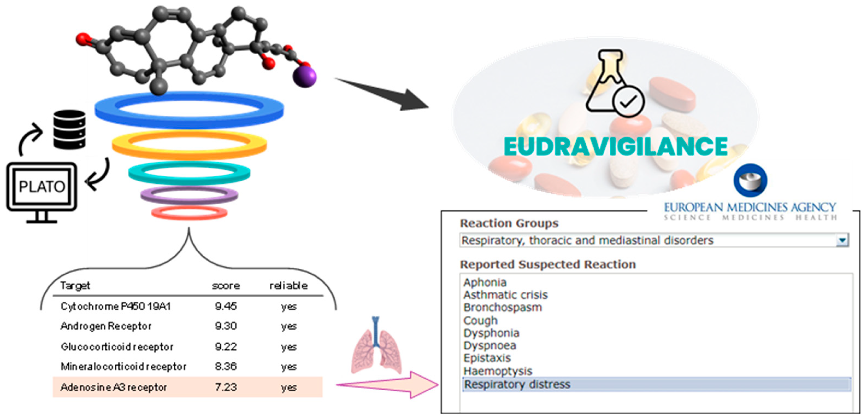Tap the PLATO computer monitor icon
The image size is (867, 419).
tap(42, 187)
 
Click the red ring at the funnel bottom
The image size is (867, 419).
tap(189, 213)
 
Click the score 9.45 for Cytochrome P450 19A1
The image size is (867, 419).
tap(226, 306)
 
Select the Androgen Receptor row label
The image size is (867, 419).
tap(106, 326)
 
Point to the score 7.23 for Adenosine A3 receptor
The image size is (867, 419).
tap(226, 387)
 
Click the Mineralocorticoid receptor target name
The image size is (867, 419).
tap(123, 366)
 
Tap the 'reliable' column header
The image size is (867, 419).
tap(288, 286)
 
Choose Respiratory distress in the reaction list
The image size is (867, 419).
tap(517, 384)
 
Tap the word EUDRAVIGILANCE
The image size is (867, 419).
tap(616, 147)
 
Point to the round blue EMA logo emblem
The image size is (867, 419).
tap(751, 180)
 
